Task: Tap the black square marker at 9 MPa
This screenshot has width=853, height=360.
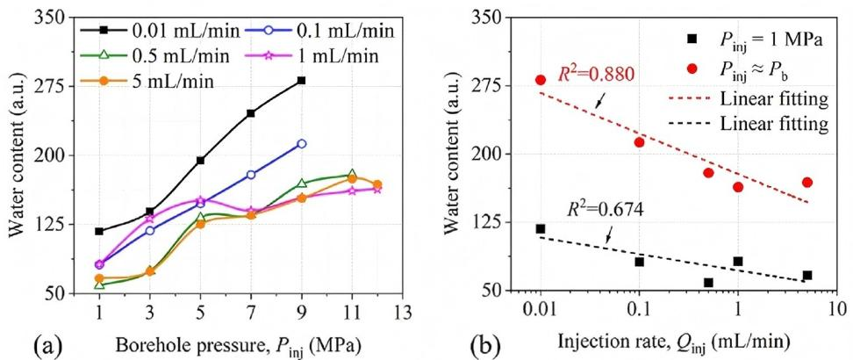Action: pyautogui.click(x=302, y=81)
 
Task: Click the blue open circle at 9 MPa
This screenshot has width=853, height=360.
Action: pyautogui.click(x=302, y=143)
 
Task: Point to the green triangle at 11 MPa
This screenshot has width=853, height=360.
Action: pyautogui.click(x=352, y=175)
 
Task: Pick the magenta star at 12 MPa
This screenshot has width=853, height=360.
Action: pyautogui.click(x=377, y=189)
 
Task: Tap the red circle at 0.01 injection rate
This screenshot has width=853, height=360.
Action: pyautogui.click(x=541, y=80)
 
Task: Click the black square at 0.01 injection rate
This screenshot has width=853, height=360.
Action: pyautogui.click(x=541, y=229)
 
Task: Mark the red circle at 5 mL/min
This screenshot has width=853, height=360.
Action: pyautogui.click(x=807, y=183)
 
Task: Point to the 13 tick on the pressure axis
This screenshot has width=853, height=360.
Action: pyautogui.click(x=403, y=312)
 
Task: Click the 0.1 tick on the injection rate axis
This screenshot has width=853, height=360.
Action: pyautogui.click(x=639, y=312)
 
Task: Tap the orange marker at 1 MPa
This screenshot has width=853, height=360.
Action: pyautogui.click(x=99, y=278)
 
